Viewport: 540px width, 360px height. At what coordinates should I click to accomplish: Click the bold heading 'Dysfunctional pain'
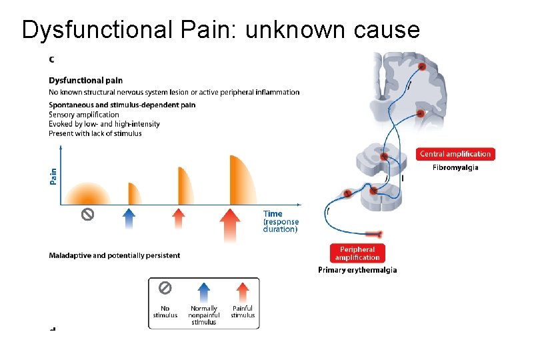point(86,81)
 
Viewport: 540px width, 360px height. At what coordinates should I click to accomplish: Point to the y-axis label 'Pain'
point(53,175)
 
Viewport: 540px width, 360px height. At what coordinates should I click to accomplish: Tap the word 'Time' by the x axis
point(273,214)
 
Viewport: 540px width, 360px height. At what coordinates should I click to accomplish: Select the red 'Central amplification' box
point(456,154)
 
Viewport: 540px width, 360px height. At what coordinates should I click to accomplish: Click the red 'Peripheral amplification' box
point(357,253)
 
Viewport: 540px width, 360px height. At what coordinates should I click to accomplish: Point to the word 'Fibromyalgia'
point(455,167)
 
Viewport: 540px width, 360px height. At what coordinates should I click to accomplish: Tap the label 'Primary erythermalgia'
point(357,270)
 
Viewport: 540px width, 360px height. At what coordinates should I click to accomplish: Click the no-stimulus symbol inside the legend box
point(165,288)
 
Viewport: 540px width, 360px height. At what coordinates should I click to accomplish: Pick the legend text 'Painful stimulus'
point(243,311)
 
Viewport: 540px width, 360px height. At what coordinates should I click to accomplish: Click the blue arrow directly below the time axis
point(130,217)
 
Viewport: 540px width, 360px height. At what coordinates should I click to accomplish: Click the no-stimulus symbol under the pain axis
point(87,214)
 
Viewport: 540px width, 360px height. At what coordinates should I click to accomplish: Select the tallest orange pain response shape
point(241,180)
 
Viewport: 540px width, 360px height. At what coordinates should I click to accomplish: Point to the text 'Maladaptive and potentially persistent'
point(114,255)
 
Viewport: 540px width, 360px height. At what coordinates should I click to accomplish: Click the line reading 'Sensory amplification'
point(84,115)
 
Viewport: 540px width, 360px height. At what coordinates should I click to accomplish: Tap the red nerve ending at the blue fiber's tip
point(377,233)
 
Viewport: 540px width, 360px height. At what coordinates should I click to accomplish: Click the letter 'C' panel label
point(52,59)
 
